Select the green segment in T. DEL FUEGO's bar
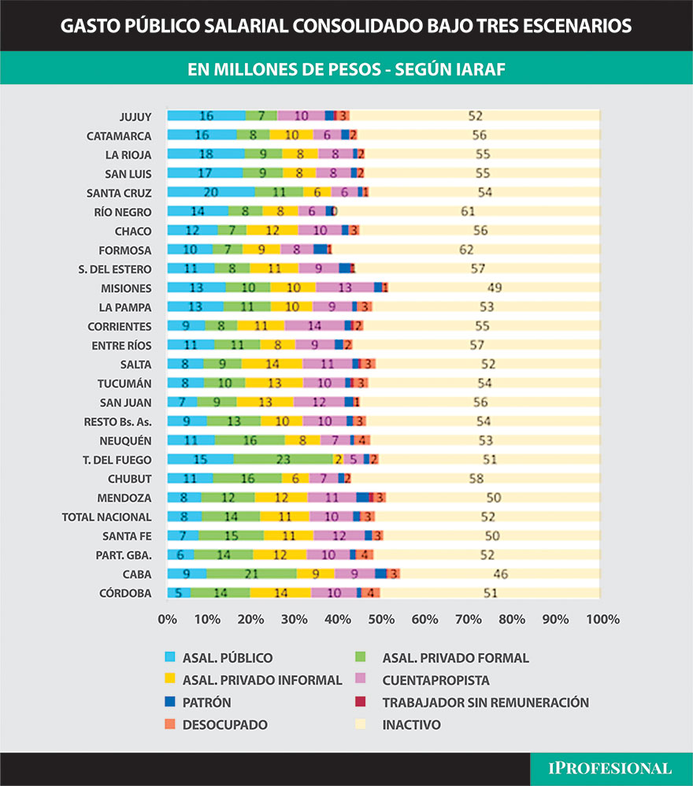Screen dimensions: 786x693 point(282,459)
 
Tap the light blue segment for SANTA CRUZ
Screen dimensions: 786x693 point(210,192)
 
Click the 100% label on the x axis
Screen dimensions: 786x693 point(603,620)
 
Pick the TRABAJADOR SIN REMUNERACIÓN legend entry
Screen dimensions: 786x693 point(485,702)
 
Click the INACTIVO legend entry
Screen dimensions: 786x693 point(411,725)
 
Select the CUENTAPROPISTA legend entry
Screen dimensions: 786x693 point(435,680)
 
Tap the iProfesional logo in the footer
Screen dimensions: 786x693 point(612,769)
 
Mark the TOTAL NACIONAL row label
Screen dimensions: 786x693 point(107,517)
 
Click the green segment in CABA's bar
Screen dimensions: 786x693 point(251,574)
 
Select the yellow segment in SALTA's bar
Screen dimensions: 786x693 point(272,364)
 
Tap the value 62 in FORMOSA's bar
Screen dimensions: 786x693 point(466,250)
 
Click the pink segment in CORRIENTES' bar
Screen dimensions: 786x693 point(315,325)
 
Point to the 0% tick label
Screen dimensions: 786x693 point(167,620)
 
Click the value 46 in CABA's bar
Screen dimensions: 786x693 point(500,574)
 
